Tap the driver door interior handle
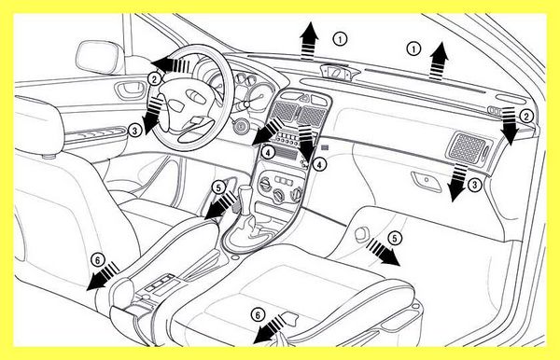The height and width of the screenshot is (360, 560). pyautogui.click(x=130, y=90)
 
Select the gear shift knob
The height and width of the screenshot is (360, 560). pyautogui.click(x=246, y=196)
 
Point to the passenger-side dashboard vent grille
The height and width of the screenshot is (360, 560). pyautogui.click(x=468, y=148)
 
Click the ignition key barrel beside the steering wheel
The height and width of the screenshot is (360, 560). pyautogui.click(x=241, y=127)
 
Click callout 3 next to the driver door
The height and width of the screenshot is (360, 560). pyautogui.click(x=134, y=131)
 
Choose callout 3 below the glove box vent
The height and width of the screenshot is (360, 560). pyautogui.click(x=474, y=185)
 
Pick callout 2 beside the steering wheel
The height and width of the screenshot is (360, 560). pyautogui.click(x=154, y=79)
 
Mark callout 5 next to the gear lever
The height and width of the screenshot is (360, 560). pyautogui.click(x=218, y=187)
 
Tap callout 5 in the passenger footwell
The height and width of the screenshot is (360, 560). pyautogui.click(x=394, y=239)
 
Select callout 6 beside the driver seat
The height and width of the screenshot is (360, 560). pyautogui.click(x=97, y=260)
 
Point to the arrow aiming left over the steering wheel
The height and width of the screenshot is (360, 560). pyautogui.click(x=170, y=64)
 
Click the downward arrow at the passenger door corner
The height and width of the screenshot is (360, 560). pyautogui.click(x=509, y=126)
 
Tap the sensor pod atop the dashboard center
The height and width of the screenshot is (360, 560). pyautogui.click(x=335, y=72)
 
